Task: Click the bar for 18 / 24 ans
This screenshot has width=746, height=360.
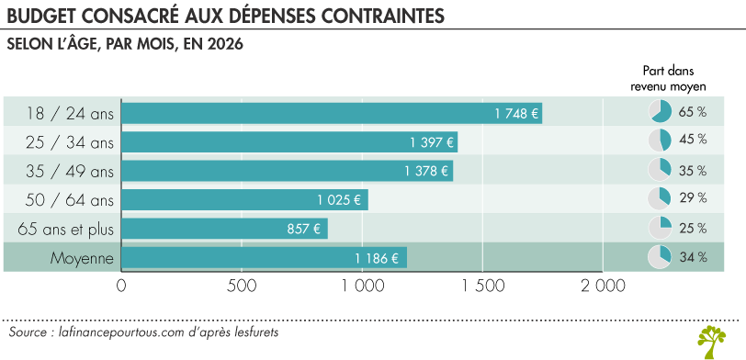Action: (332, 113)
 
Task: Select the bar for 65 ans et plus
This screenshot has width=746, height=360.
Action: (224, 228)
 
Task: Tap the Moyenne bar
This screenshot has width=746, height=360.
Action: (264, 258)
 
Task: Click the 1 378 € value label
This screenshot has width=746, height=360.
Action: (427, 171)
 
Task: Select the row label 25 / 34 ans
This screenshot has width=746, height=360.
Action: (70, 142)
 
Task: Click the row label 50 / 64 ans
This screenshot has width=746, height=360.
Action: (70, 199)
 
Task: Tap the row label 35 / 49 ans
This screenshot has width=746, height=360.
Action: (70, 171)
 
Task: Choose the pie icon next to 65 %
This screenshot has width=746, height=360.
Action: (661, 113)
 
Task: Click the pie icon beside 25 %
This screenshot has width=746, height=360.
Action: (661, 228)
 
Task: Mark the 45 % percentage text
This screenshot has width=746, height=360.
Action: (693, 140)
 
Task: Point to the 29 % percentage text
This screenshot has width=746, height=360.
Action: (693, 197)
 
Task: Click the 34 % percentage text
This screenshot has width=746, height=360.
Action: (693, 258)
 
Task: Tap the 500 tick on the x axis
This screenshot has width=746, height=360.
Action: (242, 287)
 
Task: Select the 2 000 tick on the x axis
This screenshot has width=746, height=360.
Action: (603, 287)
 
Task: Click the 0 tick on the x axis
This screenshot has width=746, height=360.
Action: (121, 287)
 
